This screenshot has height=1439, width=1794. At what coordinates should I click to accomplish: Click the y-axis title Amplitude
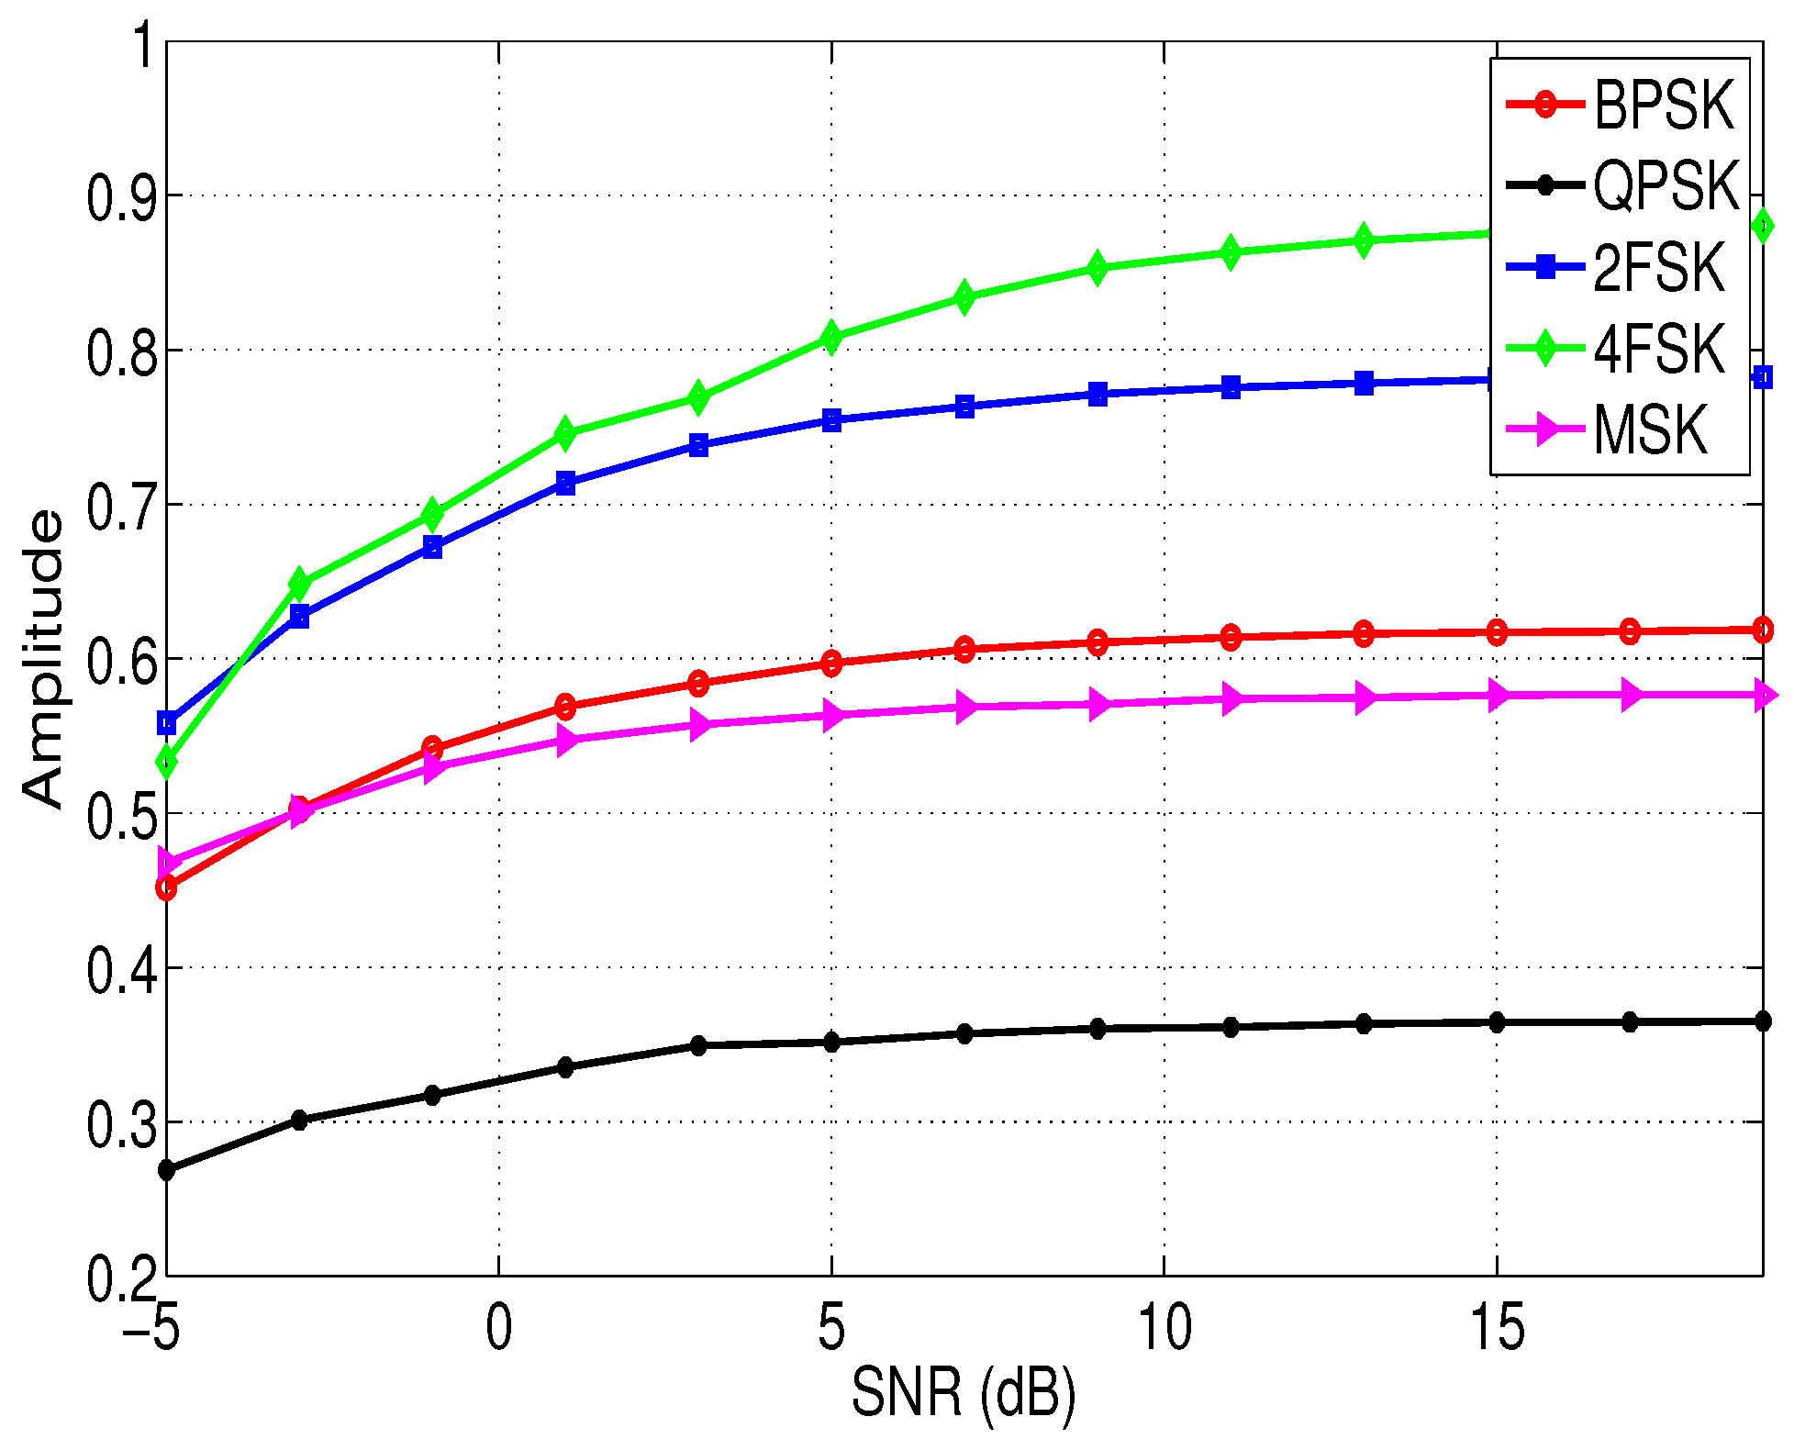[x=43, y=659]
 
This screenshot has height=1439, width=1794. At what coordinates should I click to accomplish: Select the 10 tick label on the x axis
[x=1164, y=1327]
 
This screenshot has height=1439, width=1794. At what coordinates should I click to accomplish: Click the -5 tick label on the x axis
[x=151, y=1327]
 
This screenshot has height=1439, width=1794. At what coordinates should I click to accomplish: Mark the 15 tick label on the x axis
[x=1497, y=1327]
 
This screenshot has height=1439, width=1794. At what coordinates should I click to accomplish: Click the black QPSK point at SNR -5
[x=166, y=1170]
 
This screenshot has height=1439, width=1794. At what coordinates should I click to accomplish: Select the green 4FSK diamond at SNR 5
[x=831, y=337]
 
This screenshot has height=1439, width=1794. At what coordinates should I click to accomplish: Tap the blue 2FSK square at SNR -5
[x=166, y=723]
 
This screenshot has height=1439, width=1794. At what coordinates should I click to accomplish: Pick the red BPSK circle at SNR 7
[x=964, y=649]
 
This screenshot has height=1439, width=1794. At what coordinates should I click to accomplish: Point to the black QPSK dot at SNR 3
[x=698, y=1045]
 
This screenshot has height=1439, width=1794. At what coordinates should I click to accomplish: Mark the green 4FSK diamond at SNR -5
[x=166, y=762]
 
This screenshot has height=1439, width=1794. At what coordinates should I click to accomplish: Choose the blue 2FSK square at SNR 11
[x=1231, y=387]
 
